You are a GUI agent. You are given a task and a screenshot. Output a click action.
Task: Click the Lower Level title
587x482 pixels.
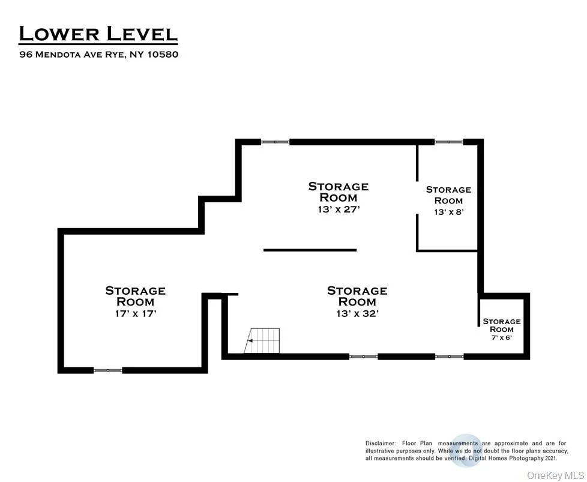[98, 34]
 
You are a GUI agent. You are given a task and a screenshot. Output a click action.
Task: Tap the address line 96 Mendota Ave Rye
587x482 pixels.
[72, 54]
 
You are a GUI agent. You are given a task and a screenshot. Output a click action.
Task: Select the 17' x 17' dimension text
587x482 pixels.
[136, 313]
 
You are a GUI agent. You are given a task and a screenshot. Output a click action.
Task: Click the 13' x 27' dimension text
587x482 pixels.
[339, 209]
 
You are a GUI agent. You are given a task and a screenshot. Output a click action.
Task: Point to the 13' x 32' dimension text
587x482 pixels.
[358, 313]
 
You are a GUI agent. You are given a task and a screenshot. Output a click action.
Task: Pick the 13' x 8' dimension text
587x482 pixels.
[449, 212]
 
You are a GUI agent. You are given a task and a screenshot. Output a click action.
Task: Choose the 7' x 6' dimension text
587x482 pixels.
[502, 337]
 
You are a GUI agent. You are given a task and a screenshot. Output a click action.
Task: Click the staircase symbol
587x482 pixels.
[262, 340]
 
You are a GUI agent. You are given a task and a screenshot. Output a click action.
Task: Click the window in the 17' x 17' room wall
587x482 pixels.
[108, 370]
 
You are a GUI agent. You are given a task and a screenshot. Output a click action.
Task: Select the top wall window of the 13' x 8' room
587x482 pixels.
[449, 142]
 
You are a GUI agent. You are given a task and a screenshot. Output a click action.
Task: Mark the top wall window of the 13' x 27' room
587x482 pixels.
[275, 142]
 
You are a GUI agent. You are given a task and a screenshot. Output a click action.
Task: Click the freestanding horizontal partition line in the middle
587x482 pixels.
[310, 250]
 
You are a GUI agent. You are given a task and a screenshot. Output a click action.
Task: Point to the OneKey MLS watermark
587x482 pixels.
[555, 475]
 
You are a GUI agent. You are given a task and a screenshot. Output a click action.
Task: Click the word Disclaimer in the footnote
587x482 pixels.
[381, 444]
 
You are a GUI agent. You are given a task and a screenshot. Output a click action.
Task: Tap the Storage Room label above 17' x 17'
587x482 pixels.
[136, 297]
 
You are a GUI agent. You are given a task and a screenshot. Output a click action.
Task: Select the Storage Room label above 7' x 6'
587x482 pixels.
[502, 325]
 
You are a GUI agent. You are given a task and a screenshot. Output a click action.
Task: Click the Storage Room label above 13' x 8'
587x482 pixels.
[448, 195]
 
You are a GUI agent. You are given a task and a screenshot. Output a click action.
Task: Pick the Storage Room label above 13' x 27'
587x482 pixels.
[339, 191]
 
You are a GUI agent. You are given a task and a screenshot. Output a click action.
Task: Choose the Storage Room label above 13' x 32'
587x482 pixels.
[358, 297]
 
